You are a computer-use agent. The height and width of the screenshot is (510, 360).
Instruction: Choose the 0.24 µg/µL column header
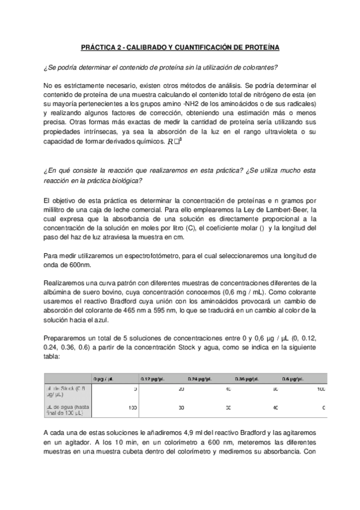201,378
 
